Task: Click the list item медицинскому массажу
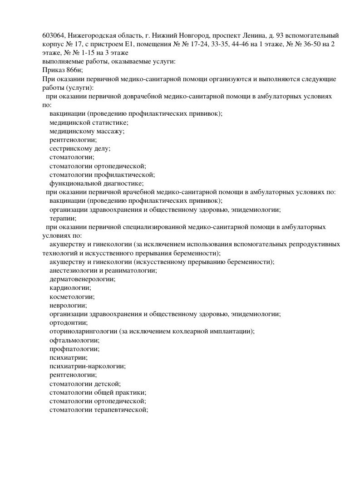(88, 131)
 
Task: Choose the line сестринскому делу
(80, 148)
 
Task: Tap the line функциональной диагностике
(97, 183)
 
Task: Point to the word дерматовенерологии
(83, 279)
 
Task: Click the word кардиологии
(70, 288)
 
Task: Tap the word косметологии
(72, 296)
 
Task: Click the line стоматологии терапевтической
(99, 410)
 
